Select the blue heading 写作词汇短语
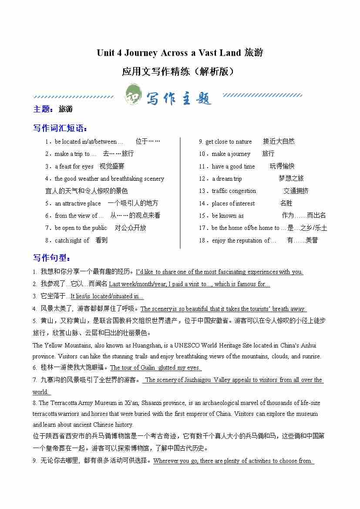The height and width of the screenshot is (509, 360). tap(60, 128)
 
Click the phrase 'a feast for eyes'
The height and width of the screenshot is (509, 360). tap(74, 166)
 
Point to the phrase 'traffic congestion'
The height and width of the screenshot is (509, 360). tap(234, 191)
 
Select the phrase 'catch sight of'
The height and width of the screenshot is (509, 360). tap(72, 240)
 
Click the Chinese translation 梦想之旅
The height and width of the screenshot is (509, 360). tap(291, 179)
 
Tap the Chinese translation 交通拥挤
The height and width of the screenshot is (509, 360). tap(296, 191)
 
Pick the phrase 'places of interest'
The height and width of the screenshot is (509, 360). tap(233, 203)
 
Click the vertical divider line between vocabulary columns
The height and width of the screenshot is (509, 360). tap(180, 192)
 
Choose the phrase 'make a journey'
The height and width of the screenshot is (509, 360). tap(231, 154)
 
